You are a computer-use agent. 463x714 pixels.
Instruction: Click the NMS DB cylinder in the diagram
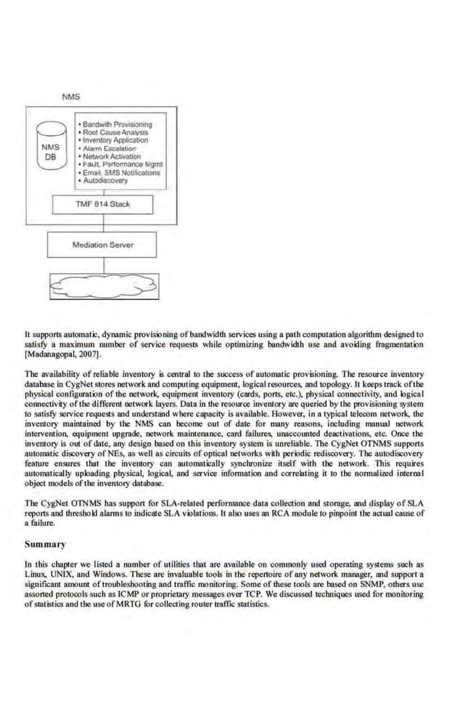[52, 151]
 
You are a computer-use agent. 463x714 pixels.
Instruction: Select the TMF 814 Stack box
[103, 204]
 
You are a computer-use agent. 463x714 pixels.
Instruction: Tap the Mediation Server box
[102, 245]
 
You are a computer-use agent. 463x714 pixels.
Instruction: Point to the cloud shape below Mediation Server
[103, 288]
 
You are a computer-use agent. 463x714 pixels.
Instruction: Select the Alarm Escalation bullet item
[112, 149]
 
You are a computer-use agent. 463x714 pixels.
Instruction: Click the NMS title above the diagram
[71, 97]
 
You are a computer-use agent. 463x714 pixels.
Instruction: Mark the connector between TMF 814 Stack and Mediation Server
[103, 223]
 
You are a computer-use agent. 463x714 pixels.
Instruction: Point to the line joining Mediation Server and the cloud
[103, 265]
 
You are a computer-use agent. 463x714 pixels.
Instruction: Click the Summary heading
[45, 544]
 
